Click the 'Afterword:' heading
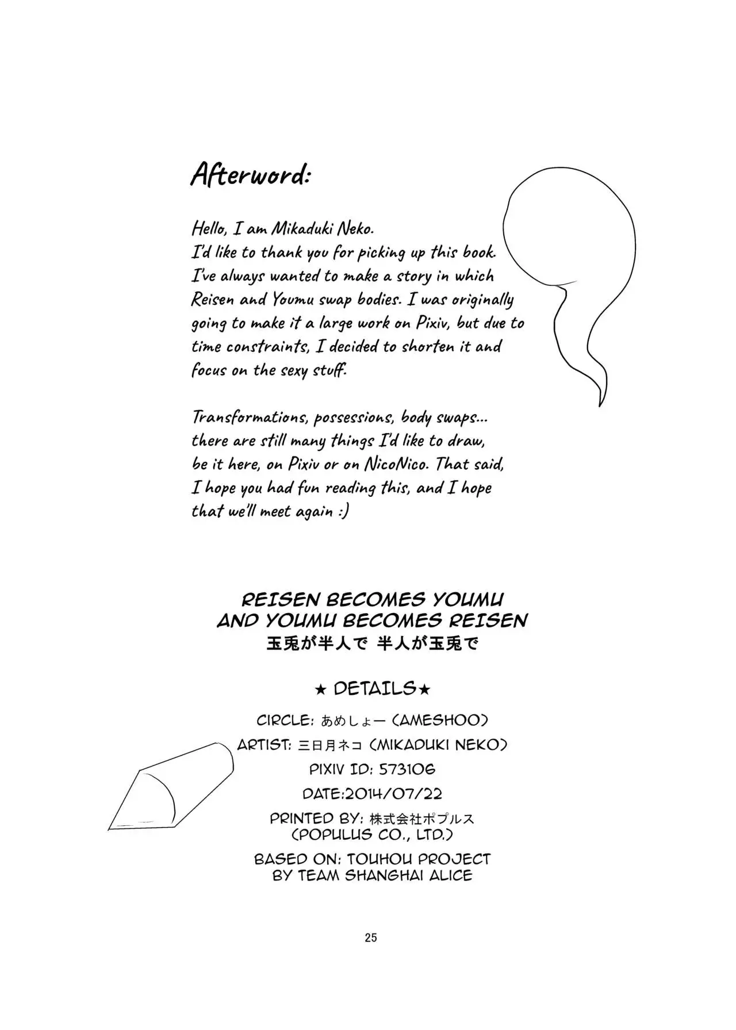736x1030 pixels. pos(251,174)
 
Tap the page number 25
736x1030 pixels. pos(371,937)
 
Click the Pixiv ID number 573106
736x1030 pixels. pos(407,769)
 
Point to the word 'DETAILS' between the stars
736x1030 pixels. pos(374,688)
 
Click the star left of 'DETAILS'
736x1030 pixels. pos(321,689)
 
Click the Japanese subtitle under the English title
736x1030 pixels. pos(372,643)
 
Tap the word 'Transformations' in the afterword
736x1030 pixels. pos(249,417)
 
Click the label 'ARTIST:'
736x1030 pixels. pos(264,745)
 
